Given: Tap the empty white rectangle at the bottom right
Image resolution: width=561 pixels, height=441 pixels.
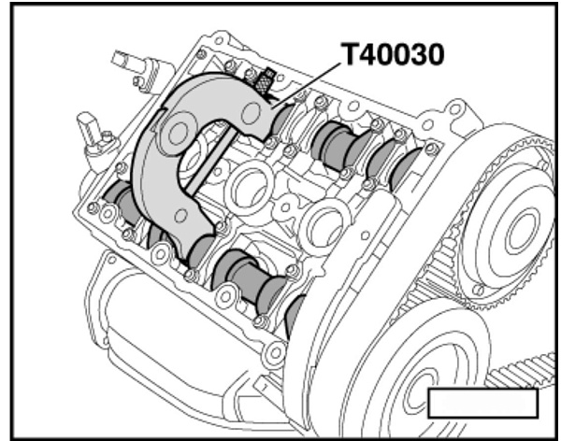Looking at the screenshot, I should pyautogui.click(x=482, y=403).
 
